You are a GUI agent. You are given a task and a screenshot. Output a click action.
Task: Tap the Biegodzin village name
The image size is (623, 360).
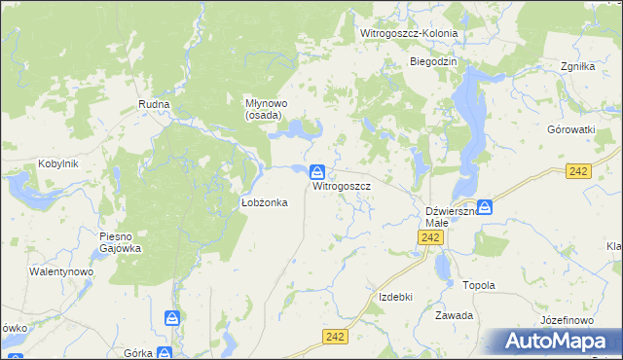pyautogui.click(x=433, y=61)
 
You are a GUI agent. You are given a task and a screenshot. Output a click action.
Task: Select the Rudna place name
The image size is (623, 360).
pyautogui.click(x=155, y=104)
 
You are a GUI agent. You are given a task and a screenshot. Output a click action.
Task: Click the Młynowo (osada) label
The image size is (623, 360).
pyautogui.click(x=263, y=108)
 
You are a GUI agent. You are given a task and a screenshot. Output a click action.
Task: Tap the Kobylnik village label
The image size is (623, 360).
pyautogui.click(x=56, y=163)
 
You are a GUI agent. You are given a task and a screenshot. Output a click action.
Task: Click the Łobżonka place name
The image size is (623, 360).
pyautogui.click(x=263, y=202)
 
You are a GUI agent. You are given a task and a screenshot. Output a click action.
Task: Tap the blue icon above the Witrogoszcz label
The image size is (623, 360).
pyautogui.click(x=318, y=171)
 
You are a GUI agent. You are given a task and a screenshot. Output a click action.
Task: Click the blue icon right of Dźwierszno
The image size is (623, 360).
pyautogui.click(x=485, y=206)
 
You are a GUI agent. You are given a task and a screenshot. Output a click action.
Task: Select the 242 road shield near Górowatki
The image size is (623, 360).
pyautogui.click(x=579, y=171)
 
